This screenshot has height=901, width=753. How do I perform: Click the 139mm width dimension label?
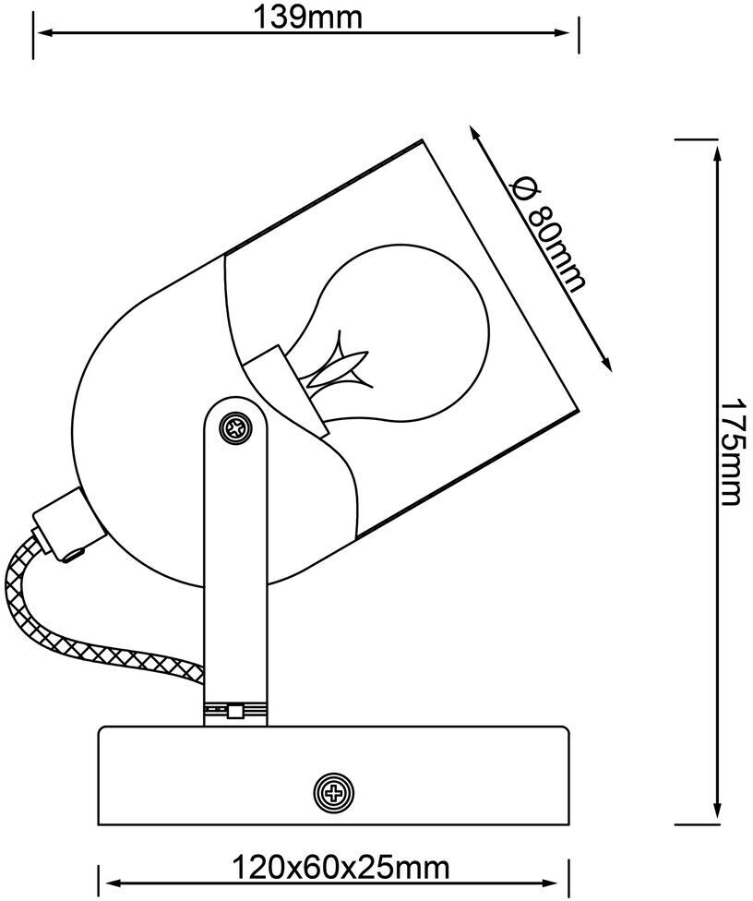point(307,16)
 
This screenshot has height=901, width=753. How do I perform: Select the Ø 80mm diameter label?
point(552,234)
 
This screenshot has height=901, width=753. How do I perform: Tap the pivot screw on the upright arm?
point(237,427)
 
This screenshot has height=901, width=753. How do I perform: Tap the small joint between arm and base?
point(236,711)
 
